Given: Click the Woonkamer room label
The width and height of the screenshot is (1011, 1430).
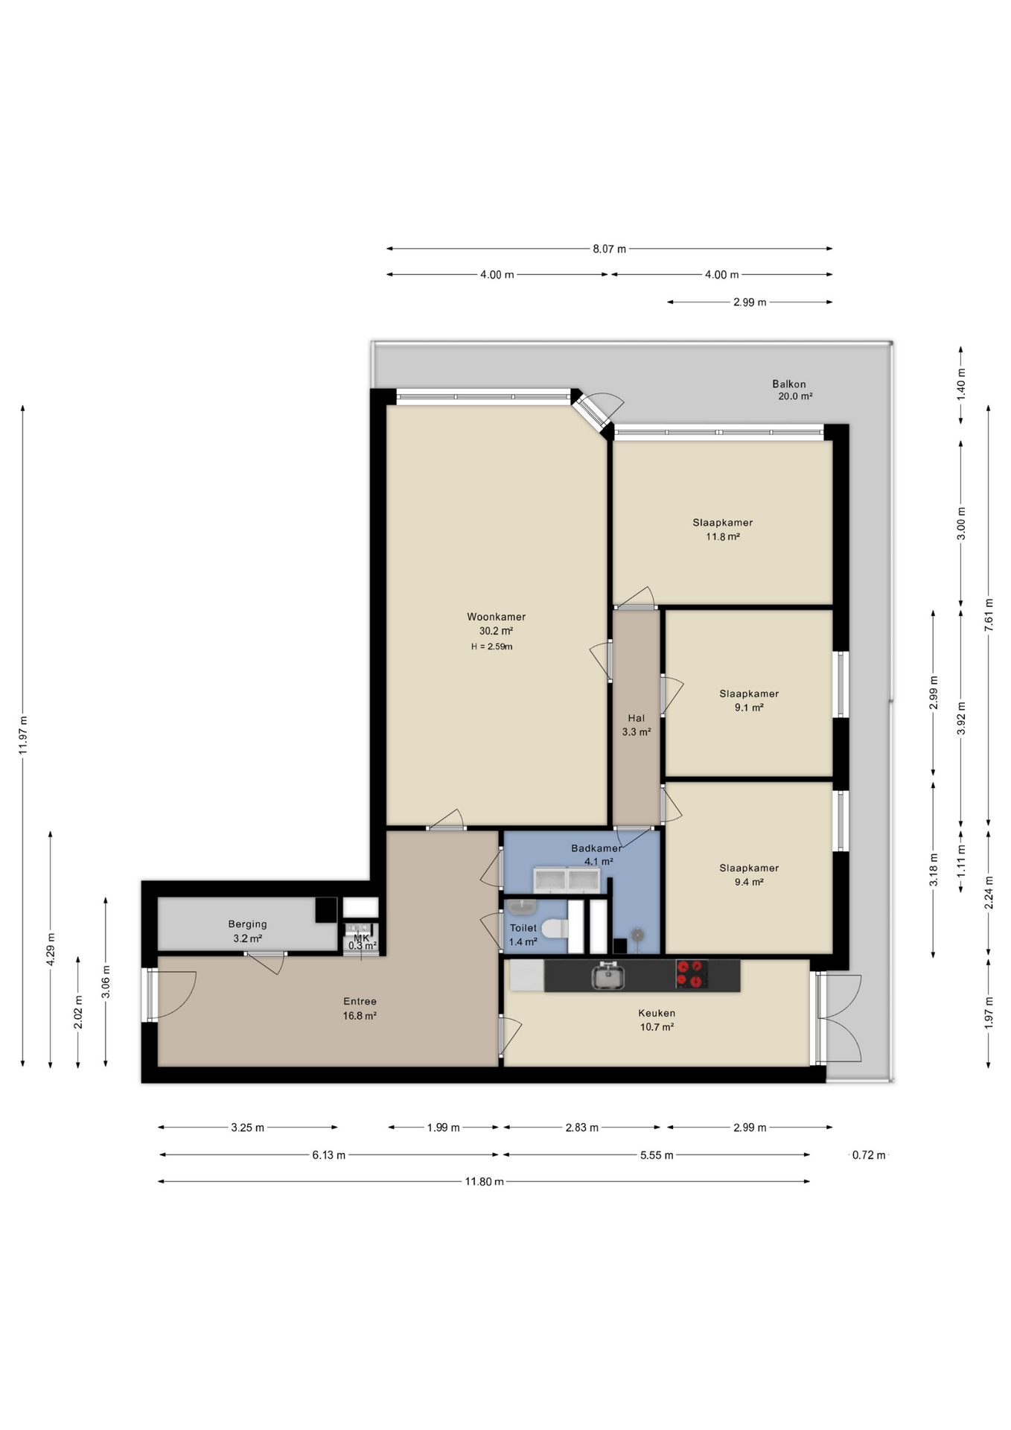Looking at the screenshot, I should coord(496,617).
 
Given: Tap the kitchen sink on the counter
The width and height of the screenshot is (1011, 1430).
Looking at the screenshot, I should coord(607,976).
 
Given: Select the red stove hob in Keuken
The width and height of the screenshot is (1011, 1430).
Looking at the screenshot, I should coord(690,974).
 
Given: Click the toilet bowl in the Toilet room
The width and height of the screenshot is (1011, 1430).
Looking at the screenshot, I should coord(554,929).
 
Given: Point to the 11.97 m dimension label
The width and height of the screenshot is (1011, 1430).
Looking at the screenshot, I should coord(23,735).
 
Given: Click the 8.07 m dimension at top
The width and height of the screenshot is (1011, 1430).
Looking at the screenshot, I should coord(609,249).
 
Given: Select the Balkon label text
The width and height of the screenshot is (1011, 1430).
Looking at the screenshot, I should coord(788,384).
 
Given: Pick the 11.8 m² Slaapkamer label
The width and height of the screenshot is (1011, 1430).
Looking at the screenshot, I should coord(722,530).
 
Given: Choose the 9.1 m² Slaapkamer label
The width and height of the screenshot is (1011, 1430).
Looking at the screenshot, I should coord(748,701).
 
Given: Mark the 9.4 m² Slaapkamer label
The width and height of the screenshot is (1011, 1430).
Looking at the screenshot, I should coord(748,875).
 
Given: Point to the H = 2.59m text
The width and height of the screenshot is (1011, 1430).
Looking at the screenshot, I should coord(491,646).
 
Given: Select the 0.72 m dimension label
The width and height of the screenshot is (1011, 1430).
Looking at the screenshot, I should coord(868,1155).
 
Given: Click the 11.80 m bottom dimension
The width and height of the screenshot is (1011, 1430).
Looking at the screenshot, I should coord(484,1181).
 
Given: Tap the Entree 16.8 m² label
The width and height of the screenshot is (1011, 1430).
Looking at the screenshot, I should coord(360,1008).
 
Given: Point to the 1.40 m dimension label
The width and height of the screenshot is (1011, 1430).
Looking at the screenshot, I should coord(960,384).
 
